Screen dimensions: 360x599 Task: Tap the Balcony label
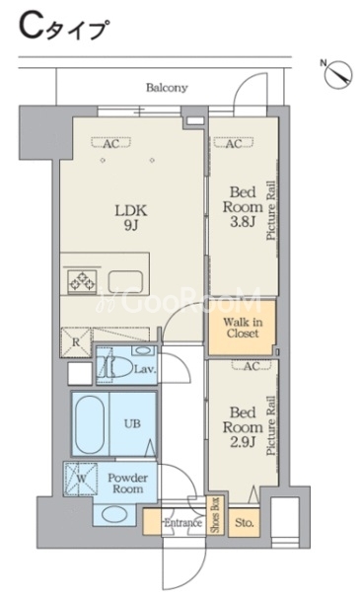(x=168, y=88)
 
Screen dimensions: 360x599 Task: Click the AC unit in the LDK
(x=110, y=143)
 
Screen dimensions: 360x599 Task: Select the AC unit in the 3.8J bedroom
(x=234, y=143)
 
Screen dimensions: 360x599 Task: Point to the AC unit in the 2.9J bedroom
(x=252, y=365)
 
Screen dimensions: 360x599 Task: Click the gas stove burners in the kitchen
(x=82, y=281)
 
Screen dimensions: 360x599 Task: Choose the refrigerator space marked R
(x=76, y=342)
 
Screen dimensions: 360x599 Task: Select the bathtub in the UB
(x=90, y=424)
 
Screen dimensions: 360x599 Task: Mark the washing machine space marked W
(x=81, y=479)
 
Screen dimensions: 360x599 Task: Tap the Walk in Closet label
(x=243, y=328)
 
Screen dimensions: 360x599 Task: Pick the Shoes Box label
(x=215, y=515)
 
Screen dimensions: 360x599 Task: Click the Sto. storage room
(x=245, y=523)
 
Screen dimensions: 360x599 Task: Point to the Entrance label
(x=182, y=523)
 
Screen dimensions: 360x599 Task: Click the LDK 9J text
(x=131, y=218)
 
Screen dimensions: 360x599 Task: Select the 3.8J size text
(x=243, y=222)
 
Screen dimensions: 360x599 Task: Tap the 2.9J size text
(x=243, y=442)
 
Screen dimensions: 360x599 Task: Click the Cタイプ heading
(x=62, y=28)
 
